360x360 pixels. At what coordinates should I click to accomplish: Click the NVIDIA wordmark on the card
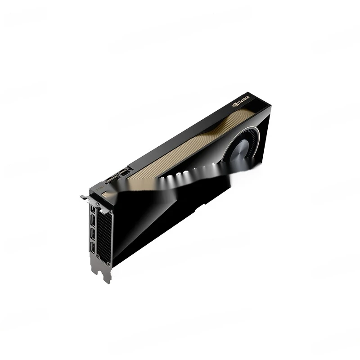tap(244, 100)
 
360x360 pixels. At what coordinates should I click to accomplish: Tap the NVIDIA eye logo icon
tap(234, 105)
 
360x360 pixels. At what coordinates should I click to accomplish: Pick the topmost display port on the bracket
tap(93, 211)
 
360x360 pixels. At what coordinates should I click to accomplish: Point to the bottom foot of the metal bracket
tap(106, 277)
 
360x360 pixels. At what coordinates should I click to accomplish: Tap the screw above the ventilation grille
tap(98, 204)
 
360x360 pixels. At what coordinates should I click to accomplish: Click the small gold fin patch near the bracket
tap(105, 193)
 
